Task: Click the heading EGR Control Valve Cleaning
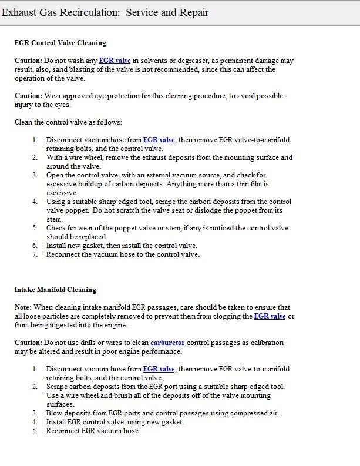coord(60,43)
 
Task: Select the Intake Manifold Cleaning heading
coord(55,290)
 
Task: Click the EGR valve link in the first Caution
coord(115,61)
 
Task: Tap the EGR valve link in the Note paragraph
coord(270,316)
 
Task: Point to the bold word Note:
coord(23,307)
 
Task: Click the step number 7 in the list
coord(35,254)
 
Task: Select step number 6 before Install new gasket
coord(35,246)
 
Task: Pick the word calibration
coord(263,343)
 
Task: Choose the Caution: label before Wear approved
coord(28,96)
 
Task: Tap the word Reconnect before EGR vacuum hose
coord(63,431)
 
